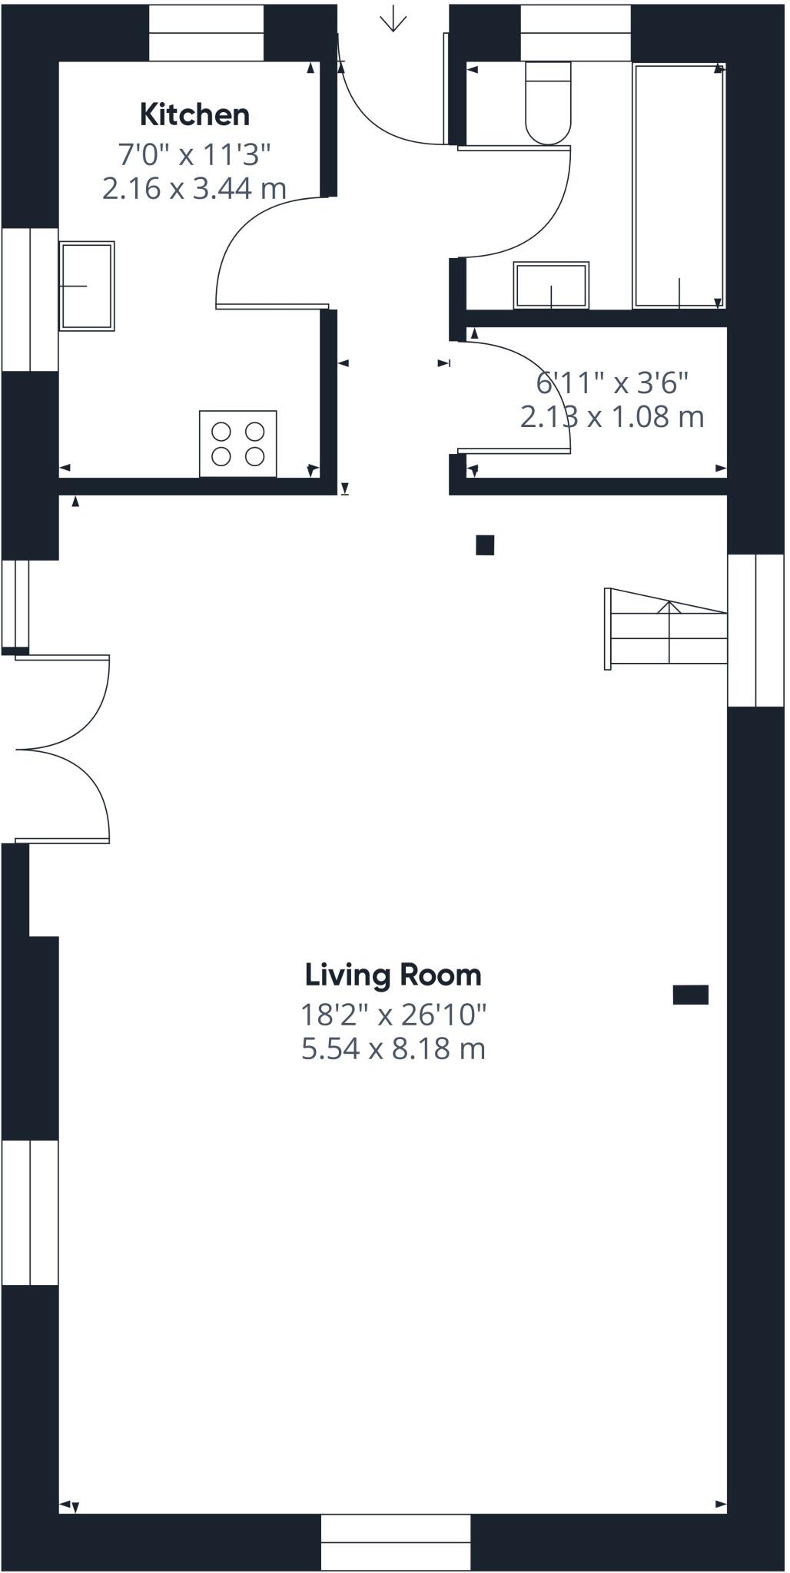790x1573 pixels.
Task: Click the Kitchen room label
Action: coord(194,114)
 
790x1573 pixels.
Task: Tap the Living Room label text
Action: coord(393,975)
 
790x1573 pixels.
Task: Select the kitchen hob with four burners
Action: coord(238,444)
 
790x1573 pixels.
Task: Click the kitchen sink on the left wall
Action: coord(87,286)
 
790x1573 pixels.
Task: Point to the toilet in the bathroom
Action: coord(548,103)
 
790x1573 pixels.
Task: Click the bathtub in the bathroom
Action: coord(679,187)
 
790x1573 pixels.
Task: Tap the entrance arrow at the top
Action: coord(393,18)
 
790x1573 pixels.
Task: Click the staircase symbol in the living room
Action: coord(666,629)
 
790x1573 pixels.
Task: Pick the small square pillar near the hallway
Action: coord(485,545)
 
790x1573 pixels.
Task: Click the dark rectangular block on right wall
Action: coord(691,995)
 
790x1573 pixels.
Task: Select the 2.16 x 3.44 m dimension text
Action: coord(194,188)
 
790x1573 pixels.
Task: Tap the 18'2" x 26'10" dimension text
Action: coord(393,1015)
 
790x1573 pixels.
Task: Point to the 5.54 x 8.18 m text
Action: coord(393,1048)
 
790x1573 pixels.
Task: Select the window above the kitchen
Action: coord(206,33)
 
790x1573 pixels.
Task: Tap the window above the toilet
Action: coord(576,33)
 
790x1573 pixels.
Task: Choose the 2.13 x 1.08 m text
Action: coord(612,417)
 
